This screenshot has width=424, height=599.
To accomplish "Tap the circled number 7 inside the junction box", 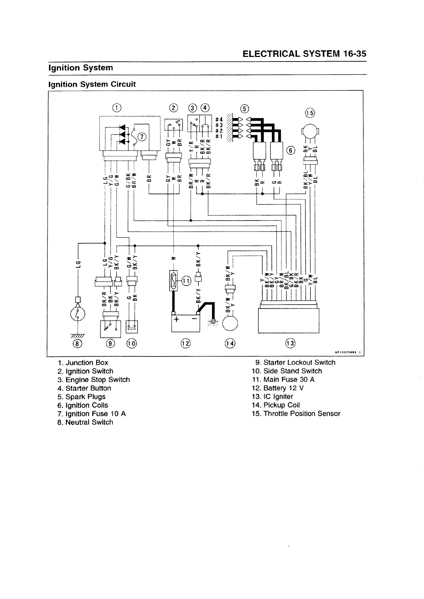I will click(x=141, y=137).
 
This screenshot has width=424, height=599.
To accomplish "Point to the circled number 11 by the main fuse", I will click(x=186, y=281).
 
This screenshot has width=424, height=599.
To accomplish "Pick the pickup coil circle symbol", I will click(x=230, y=324).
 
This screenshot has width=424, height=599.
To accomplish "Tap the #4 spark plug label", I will click(x=219, y=119).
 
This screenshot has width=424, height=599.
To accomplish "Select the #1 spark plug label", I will click(x=219, y=136).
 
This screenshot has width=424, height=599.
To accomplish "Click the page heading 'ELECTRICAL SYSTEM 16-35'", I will click(x=304, y=54).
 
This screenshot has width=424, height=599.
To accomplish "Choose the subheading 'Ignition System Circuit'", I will click(x=92, y=84).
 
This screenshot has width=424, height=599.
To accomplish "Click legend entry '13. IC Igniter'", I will click(x=272, y=397).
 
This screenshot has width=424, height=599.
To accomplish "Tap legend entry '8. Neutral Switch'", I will click(x=86, y=422).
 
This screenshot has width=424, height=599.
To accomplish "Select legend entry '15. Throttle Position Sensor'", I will click(x=296, y=414).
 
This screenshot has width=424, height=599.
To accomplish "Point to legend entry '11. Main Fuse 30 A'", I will click(x=283, y=380).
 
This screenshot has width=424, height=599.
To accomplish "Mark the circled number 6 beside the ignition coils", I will click(x=291, y=151).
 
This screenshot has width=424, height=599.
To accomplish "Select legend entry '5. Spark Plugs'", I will click(x=82, y=397).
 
